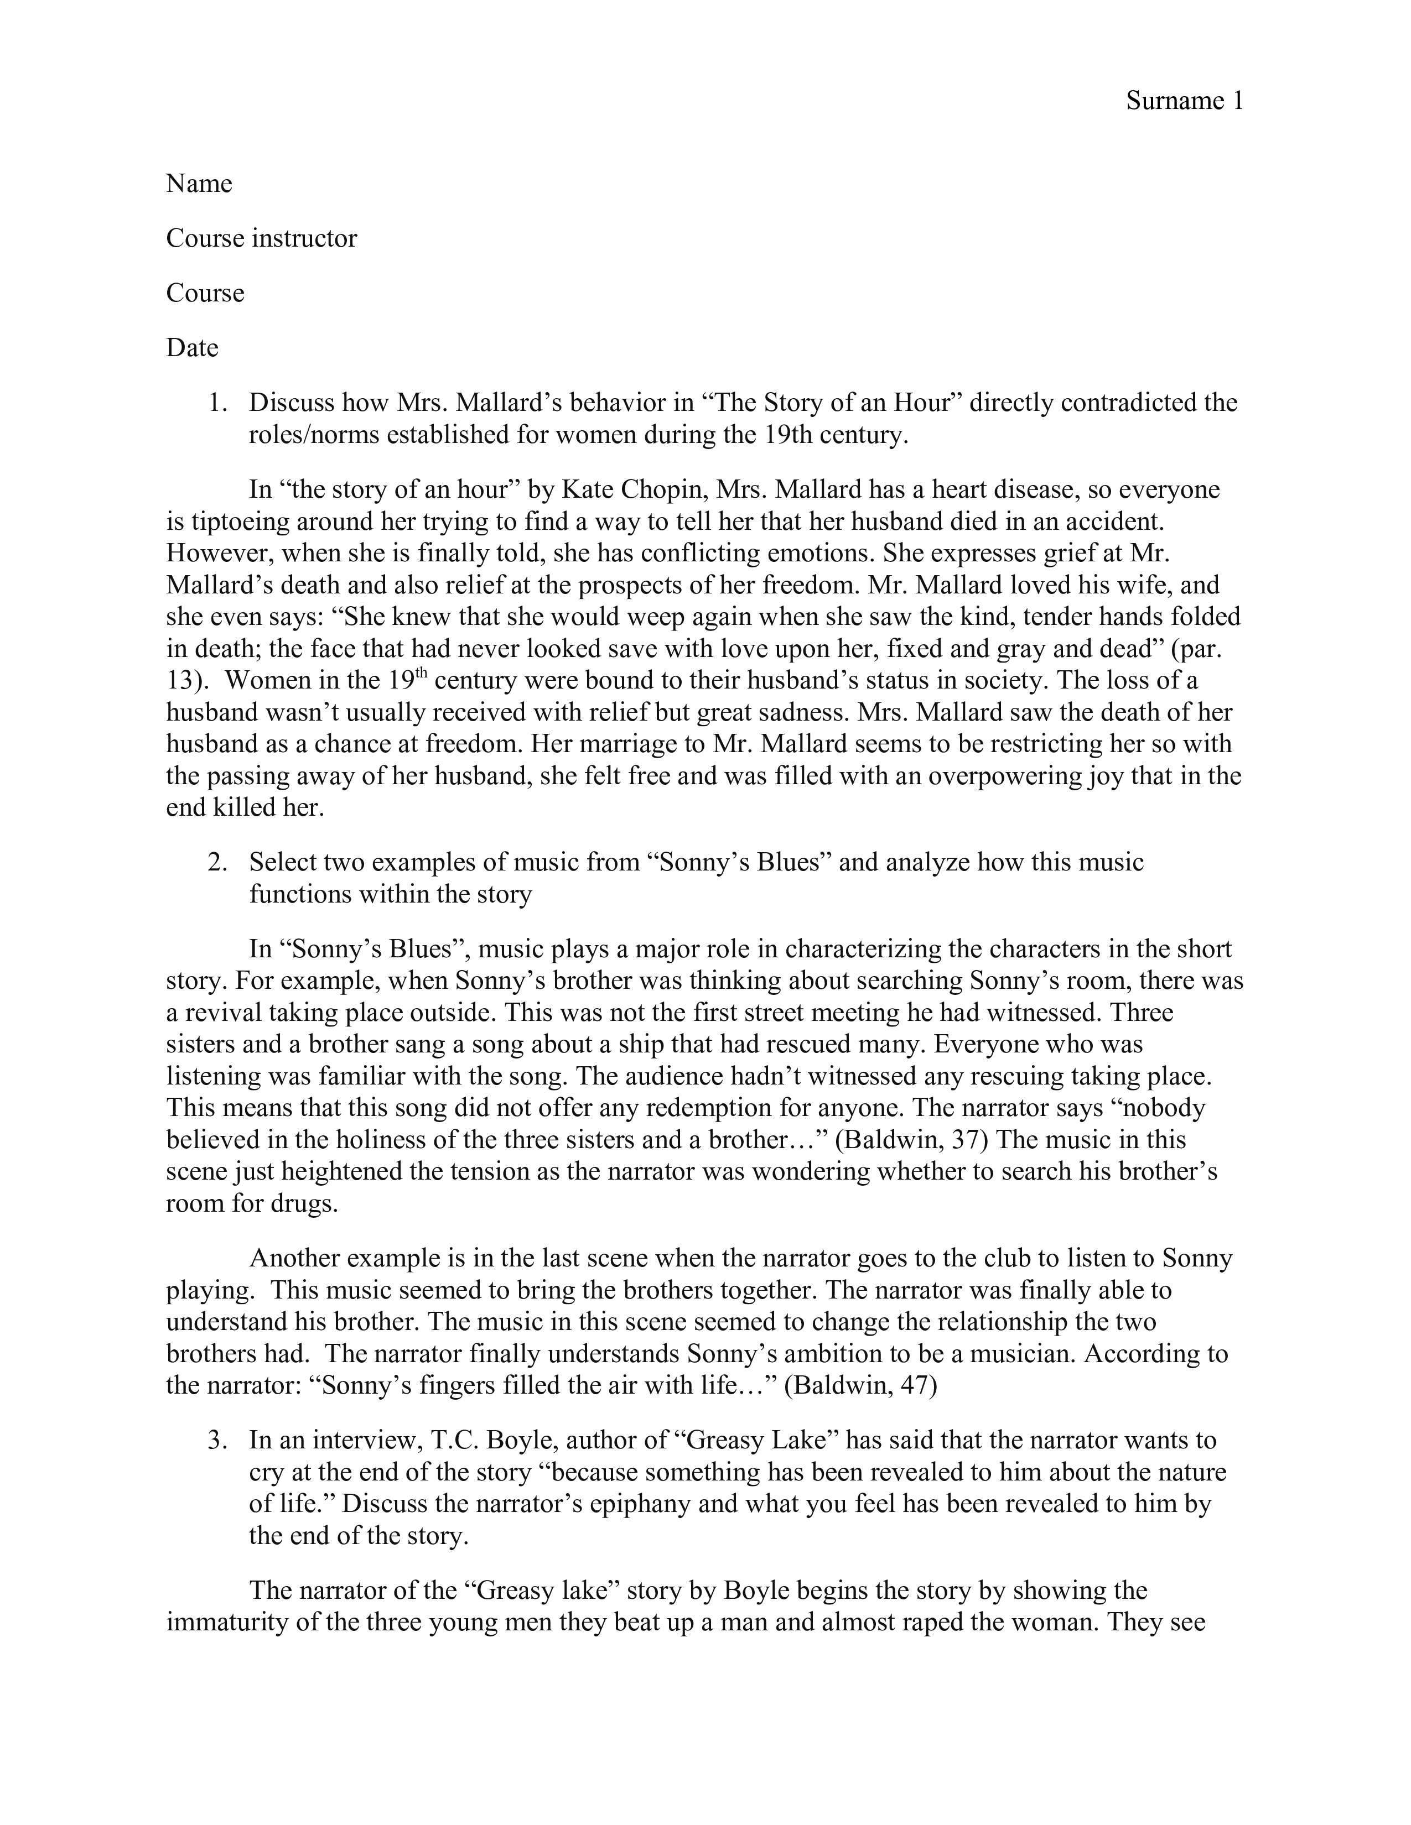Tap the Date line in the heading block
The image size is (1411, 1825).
point(192,348)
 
